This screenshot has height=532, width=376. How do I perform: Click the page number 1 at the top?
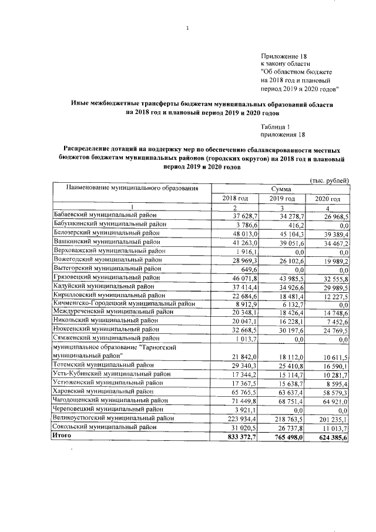tap(187, 28)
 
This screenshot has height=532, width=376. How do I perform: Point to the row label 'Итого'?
tap(62, 436)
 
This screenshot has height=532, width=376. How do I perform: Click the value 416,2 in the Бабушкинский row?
tap(291, 225)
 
